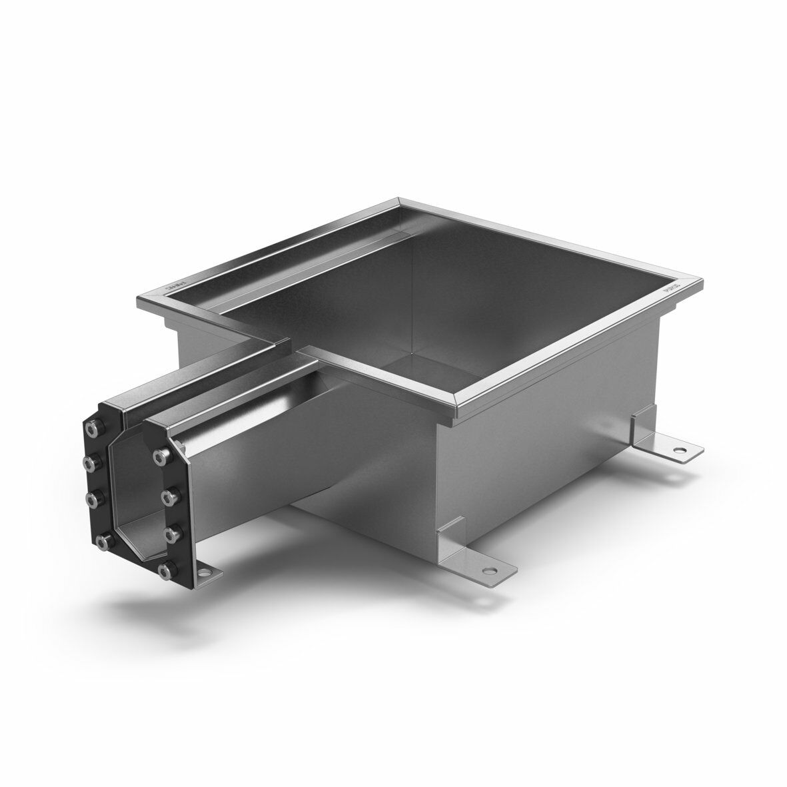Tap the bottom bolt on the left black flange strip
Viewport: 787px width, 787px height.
point(101,541)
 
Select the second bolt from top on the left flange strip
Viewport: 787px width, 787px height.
point(88,461)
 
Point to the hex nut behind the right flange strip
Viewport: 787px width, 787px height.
point(181,442)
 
